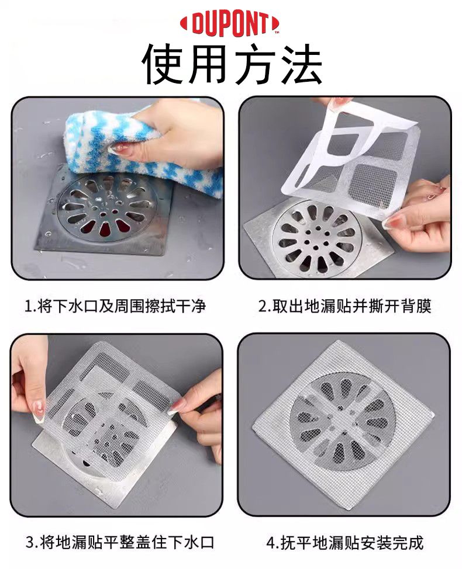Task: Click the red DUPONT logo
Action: (x=230, y=25)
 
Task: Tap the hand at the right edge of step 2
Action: (x=421, y=214)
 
